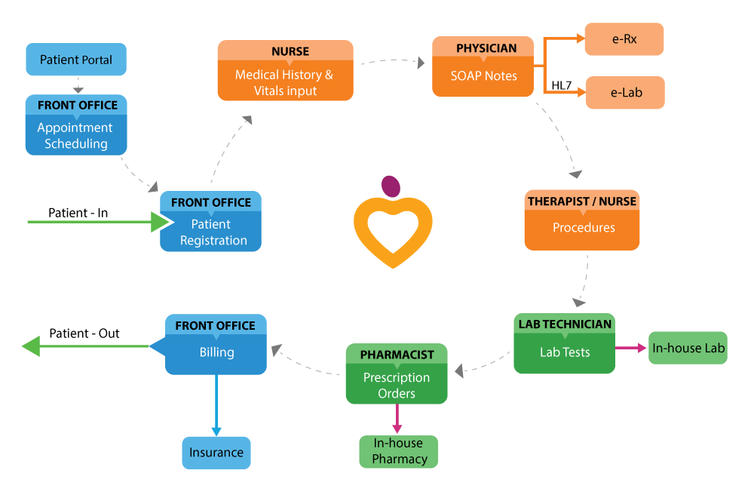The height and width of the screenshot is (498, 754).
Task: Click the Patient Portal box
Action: (76, 60)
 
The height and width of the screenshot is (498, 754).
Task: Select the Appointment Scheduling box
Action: (76, 135)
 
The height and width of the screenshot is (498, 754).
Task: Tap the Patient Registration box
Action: (212, 232)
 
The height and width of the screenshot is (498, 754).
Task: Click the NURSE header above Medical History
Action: (285, 51)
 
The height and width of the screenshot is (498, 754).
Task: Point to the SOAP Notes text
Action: (484, 76)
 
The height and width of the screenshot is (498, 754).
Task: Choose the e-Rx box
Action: (624, 39)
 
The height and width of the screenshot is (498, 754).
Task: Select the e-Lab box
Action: (624, 93)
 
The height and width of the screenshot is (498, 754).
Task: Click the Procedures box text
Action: (583, 228)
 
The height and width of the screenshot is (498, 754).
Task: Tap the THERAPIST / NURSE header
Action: (582, 201)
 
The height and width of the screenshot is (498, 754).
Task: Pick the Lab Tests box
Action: (565, 352)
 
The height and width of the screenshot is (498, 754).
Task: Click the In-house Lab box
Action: (688, 348)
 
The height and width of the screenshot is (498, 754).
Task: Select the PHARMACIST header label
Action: (397, 354)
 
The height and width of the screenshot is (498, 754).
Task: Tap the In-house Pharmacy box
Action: (398, 451)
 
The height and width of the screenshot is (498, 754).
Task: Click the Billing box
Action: (216, 352)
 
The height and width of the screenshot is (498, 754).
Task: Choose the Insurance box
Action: (216, 453)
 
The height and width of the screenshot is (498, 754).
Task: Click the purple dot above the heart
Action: (391, 186)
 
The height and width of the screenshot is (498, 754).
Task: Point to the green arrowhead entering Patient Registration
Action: (160, 222)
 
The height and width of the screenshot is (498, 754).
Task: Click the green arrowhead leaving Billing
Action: (30, 346)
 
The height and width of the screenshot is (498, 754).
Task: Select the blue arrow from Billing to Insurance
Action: (216, 404)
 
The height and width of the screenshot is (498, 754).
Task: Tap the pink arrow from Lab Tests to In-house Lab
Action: (631, 348)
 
